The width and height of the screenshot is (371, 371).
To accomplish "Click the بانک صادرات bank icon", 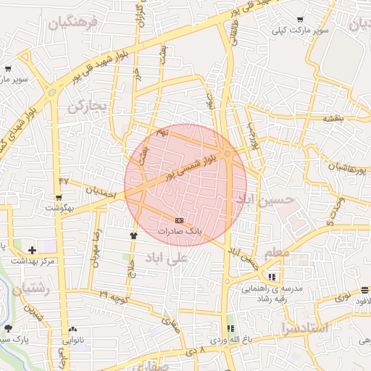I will [x=179, y=220].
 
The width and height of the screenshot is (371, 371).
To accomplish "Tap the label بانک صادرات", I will [x=179, y=230].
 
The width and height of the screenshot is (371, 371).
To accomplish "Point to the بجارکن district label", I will [x=87, y=107].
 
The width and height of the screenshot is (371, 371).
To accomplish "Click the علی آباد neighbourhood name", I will [x=167, y=257].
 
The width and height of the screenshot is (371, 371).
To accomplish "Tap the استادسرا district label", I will [x=303, y=328].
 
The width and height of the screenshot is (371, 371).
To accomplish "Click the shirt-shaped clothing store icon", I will [x=133, y=235].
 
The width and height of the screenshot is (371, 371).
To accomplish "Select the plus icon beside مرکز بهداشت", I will [x=32, y=250].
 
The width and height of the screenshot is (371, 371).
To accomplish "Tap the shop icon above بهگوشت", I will [x=58, y=197].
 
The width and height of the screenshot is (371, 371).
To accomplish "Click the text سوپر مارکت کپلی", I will [x=296, y=31].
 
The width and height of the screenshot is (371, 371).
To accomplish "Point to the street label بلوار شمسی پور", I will [x=190, y=167].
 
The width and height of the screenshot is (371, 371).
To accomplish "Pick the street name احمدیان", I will [x=101, y=193].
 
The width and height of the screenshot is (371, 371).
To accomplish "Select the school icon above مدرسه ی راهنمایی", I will [x=272, y=277].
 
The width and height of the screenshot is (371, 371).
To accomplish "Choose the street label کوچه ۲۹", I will [x=114, y=296].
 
